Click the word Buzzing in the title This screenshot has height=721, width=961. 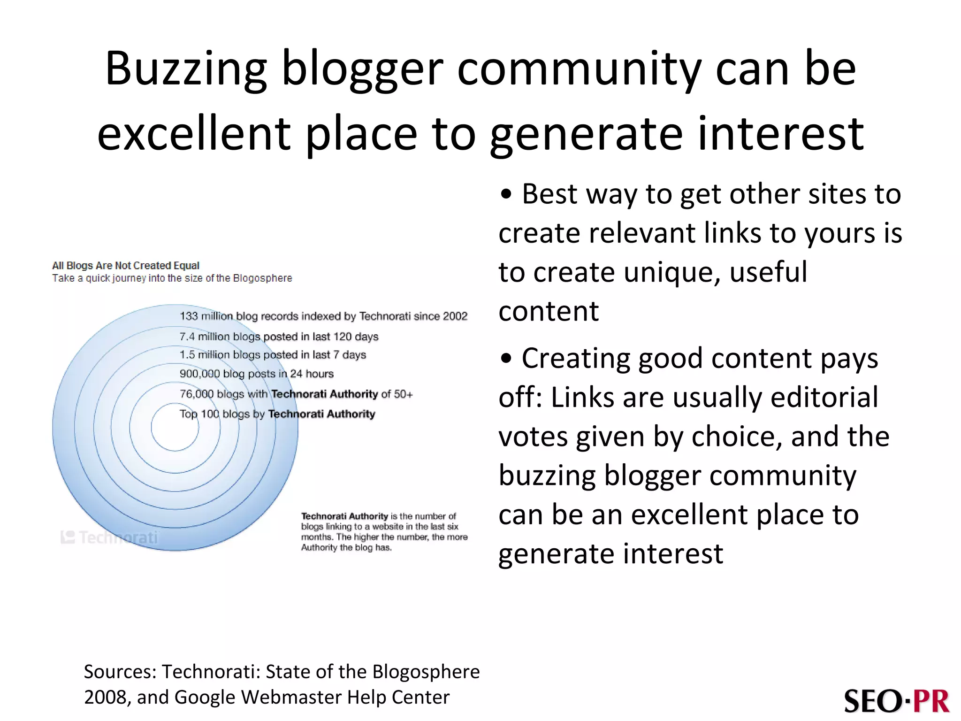[x=186, y=69]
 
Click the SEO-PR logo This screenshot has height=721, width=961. [x=896, y=701]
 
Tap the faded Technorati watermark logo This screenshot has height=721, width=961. [x=110, y=537]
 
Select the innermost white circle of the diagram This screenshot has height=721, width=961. [x=175, y=428]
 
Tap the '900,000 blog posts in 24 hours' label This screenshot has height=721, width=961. [x=256, y=374]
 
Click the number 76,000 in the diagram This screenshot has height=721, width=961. [x=197, y=394]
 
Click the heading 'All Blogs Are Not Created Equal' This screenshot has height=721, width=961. [x=126, y=266]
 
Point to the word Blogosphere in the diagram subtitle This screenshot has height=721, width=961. [x=262, y=278]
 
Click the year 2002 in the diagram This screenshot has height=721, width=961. [x=455, y=316]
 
